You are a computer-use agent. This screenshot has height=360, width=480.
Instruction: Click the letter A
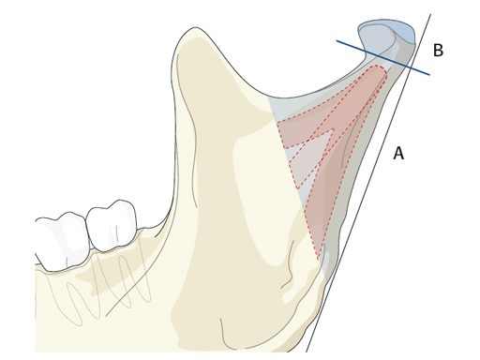tap(398, 154)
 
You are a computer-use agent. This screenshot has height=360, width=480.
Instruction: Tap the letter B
tap(438, 51)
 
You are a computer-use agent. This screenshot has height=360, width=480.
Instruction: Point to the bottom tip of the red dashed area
tap(318, 259)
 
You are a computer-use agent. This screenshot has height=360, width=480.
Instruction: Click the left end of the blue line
tap(337, 40)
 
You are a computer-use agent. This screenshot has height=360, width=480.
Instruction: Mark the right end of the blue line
tap(429, 74)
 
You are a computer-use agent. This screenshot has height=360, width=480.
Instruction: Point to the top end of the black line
tap(430, 14)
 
